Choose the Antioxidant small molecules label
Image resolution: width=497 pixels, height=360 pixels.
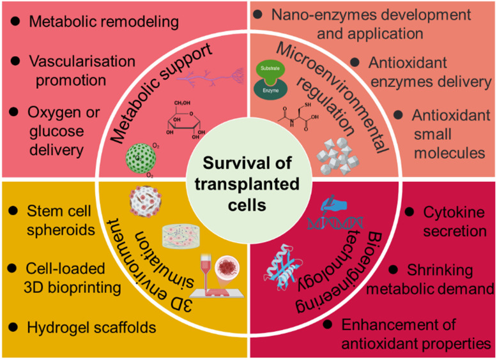pos(444,134)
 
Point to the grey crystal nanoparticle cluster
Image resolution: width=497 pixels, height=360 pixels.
pos(339,154)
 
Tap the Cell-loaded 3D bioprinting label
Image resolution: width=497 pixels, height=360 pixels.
pos(73,279)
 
